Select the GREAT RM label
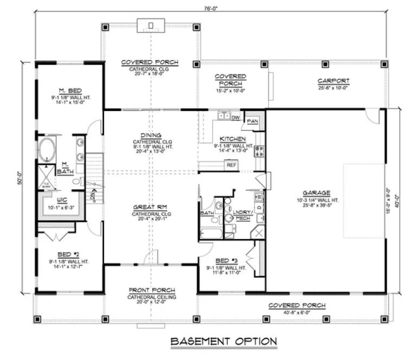[x=151, y=207]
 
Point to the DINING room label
[x=151, y=135]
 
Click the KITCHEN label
[x=233, y=139]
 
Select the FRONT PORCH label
[x=151, y=290]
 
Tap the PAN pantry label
[x=252, y=121]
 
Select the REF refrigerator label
[x=231, y=164]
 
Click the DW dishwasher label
[x=235, y=117]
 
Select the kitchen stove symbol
[x=260, y=152]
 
